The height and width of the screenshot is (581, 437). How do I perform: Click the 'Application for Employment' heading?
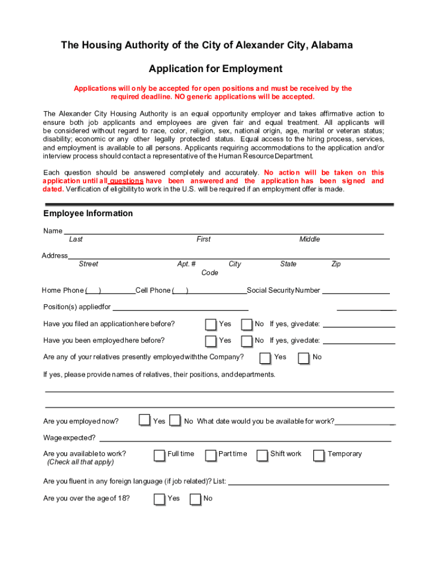(215, 69)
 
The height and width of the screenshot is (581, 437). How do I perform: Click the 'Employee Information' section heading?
(88, 213)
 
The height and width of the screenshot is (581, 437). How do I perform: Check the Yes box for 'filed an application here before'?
(211, 325)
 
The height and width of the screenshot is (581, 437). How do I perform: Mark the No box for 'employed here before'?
(247, 341)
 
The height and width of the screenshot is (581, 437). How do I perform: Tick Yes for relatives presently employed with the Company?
(265, 358)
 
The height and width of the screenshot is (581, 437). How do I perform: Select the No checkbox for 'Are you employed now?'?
(175, 421)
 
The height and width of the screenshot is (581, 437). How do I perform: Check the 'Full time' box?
(159, 455)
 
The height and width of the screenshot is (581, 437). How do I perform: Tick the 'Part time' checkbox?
(211, 455)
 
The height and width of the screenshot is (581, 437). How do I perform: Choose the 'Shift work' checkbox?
(262, 455)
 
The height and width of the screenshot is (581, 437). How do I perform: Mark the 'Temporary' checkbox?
(318, 455)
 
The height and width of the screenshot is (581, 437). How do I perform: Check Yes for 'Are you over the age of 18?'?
(159, 499)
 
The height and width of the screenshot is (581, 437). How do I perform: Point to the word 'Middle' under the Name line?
(309, 239)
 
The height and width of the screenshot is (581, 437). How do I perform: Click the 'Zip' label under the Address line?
(336, 264)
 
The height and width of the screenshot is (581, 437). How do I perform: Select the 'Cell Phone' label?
(153, 290)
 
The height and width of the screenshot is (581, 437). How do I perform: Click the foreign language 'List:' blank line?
(308, 483)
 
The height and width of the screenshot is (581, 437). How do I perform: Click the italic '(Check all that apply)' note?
(81, 462)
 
